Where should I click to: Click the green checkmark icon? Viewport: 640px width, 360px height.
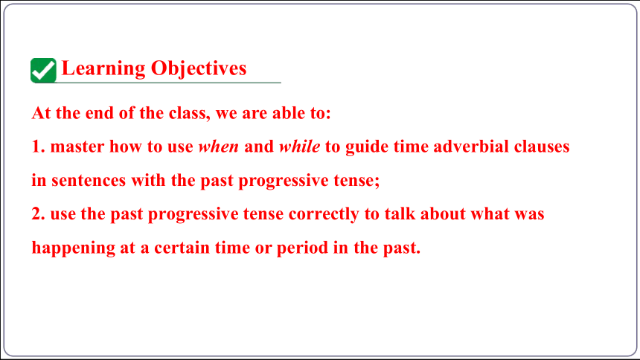click(x=43, y=70)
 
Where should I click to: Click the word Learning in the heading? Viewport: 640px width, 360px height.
click(x=103, y=68)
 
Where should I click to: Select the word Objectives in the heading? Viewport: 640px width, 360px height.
click(x=199, y=68)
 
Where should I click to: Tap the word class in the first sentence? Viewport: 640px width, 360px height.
click(x=188, y=113)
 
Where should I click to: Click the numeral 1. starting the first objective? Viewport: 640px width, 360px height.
click(x=38, y=147)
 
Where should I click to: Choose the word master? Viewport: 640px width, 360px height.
click(x=77, y=147)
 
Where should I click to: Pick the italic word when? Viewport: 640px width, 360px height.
click(x=218, y=147)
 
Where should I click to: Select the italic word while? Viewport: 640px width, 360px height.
click(x=299, y=147)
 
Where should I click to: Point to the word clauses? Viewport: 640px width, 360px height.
click(x=542, y=147)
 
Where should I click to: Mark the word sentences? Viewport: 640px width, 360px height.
click(x=89, y=181)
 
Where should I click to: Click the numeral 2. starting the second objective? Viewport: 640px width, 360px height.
click(x=38, y=214)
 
